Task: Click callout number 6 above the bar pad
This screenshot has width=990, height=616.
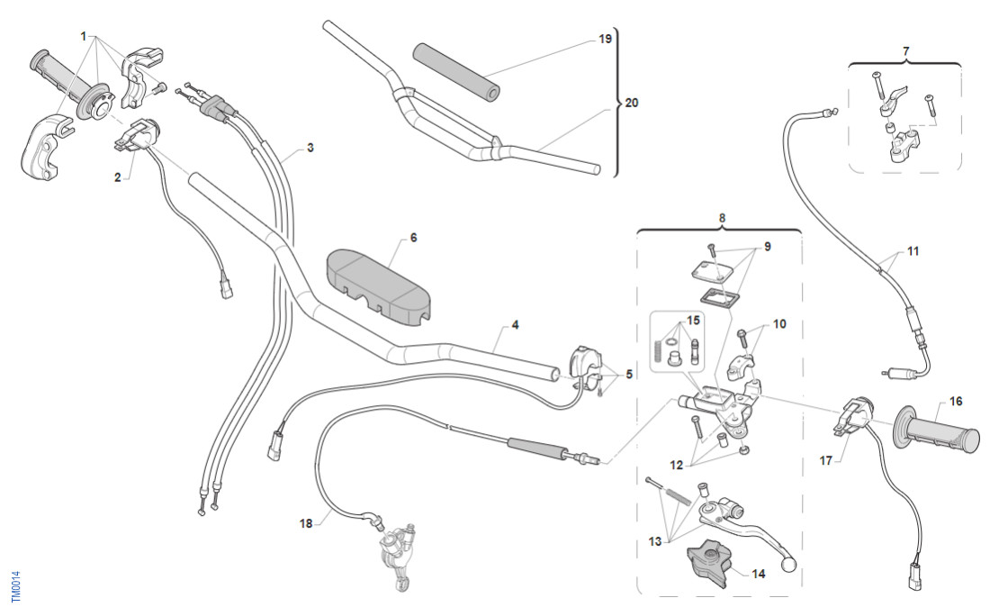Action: [x=413, y=238]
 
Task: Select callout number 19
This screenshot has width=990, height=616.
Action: [x=605, y=40]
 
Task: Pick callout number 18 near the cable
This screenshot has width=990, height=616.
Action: [x=307, y=521]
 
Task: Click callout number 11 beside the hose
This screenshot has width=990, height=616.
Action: [x=913, y=251]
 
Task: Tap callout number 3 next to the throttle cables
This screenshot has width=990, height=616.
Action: [x=310, y=147]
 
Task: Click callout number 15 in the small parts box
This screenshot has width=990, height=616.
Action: [x=692, y=322]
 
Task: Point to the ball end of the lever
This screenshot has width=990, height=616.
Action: [x=790, y=566]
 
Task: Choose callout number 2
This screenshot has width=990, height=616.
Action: [x=117, y=177]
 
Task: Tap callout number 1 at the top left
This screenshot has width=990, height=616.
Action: [x=84, y=37]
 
